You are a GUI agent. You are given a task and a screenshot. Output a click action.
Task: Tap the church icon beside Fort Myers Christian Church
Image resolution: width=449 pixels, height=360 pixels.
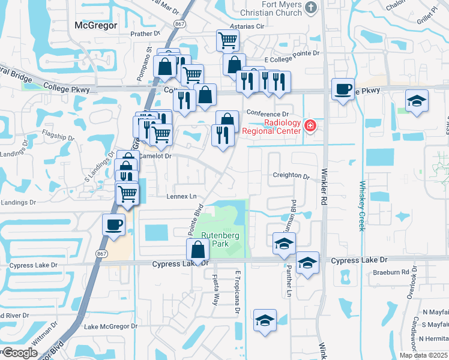pyautogui.click(x=310, y=7)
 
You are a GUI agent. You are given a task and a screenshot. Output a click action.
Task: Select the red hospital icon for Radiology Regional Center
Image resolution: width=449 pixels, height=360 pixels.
pyautogui.click(x=310, y=126)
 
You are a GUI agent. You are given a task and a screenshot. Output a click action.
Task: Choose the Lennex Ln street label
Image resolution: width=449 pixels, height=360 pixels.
pyautogui.click(x=181, y=196)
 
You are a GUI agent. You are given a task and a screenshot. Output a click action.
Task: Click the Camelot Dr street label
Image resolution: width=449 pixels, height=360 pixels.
pyautogui.click(x=155, y=155)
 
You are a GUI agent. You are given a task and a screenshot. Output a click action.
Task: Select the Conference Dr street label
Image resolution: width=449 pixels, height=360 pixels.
pyautogui.click(x=268, y=114)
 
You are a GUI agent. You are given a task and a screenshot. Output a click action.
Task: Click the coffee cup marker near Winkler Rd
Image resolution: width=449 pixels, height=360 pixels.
pyautogui.click(x=343, y=89)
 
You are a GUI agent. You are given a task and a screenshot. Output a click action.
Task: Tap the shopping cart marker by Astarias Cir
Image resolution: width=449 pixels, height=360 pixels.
pyautogui.click(x=228, y=40)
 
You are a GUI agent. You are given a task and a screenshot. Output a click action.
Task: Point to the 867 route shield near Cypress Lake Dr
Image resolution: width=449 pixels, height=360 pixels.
pyautogui.click(x=99, y=254)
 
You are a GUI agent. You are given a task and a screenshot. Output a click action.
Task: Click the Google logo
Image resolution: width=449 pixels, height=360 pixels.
pyautogui.click(x=20, y=353)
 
